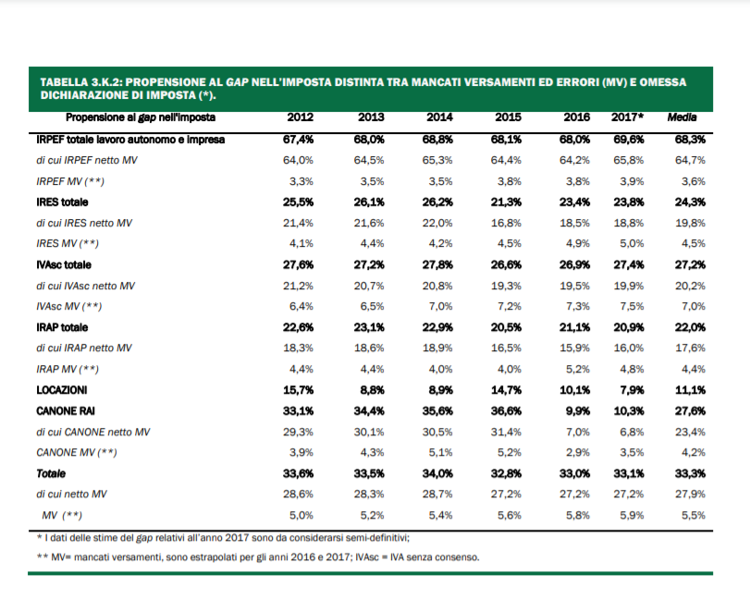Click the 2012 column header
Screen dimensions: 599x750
pos(301,118)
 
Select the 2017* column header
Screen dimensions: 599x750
pos(628,118)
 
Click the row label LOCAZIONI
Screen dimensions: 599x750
pos(62,389)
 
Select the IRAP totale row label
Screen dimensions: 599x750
pos(63,326)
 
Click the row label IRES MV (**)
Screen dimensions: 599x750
pos(68,243)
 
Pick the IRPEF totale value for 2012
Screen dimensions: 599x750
pos(299,140)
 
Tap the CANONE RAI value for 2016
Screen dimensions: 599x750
pos(577,410)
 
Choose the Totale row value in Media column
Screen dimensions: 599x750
pos(691,473)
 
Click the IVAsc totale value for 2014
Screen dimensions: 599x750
pos(437,264)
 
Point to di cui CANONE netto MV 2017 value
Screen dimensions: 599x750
pos(629,432)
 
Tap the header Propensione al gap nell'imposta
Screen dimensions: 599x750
pos(141,118)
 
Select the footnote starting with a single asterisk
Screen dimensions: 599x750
pos(222,537)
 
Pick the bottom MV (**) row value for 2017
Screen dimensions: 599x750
pos(629,515)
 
